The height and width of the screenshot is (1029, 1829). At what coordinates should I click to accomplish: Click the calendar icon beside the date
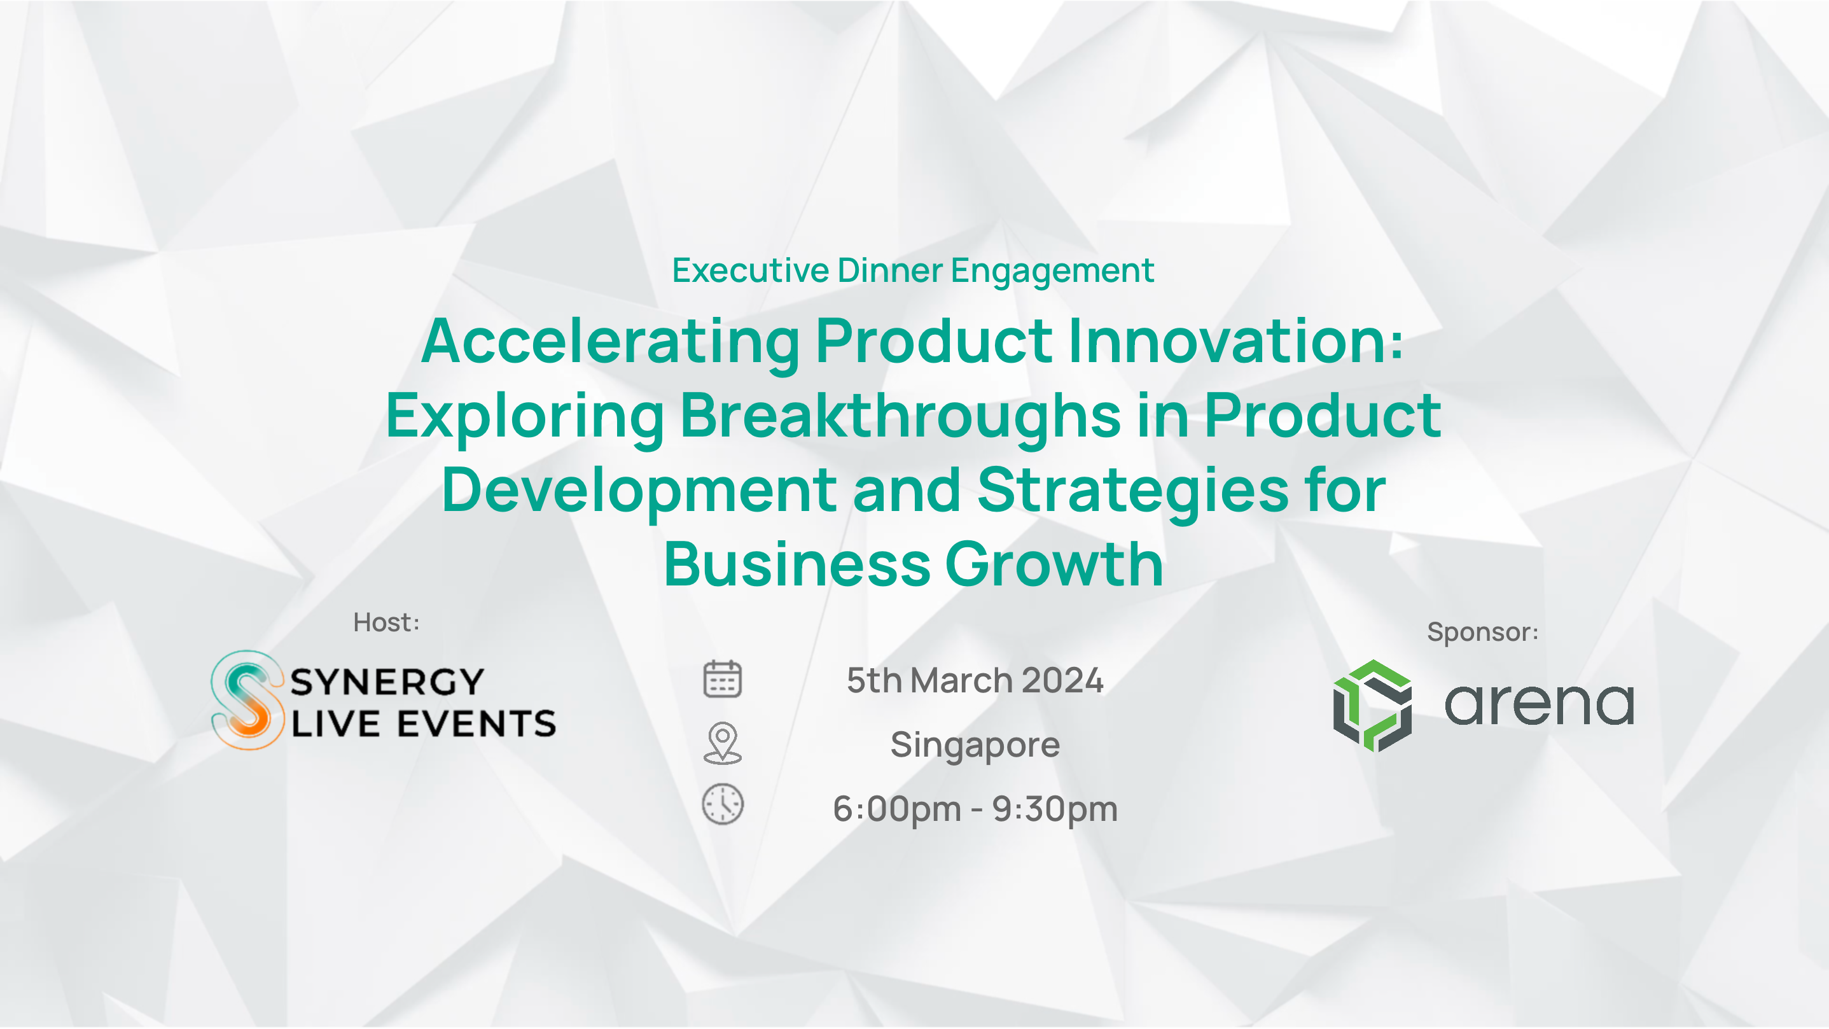[x=722, y=679]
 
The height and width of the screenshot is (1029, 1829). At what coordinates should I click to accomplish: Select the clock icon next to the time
[x=723, y=804]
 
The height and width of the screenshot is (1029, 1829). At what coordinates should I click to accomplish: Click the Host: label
[x=386, y=623]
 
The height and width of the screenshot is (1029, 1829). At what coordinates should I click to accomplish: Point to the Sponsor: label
[x=1482, y=632]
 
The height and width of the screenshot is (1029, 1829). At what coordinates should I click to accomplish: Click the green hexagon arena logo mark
[x=1372, y=705]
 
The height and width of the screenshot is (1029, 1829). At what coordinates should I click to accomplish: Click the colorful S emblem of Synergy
[x=247, y=700]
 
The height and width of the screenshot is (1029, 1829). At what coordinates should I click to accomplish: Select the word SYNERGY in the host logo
[x=387, y=682]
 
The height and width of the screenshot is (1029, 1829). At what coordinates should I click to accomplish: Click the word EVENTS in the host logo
[x=476, y=724]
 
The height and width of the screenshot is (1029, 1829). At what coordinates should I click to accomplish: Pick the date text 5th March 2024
[x=975, y=680]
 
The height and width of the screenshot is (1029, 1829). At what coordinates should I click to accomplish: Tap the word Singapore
[x=975, y=746]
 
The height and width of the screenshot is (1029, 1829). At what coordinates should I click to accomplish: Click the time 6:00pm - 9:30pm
[x=975, y=809]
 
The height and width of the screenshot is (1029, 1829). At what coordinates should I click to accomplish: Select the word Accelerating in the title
[x=611, y=343]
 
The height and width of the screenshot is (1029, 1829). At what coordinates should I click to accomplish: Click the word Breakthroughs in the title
[x=900, y=417]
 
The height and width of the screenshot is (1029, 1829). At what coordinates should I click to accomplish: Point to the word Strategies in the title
[x=1133, y=491]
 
